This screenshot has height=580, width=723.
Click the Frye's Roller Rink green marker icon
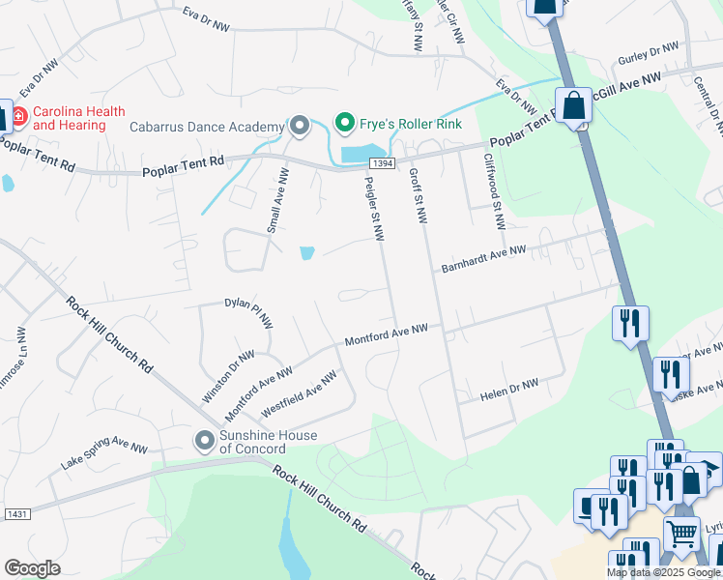tap(343, 124)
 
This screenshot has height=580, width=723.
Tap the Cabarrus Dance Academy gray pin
tap(300, 126)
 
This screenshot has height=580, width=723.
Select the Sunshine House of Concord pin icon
tap(204, 441)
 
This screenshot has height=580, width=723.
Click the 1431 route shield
tap(15, 512)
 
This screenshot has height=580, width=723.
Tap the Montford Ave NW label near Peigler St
tap(387, 335)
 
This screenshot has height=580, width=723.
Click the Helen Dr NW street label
tap(508, 391)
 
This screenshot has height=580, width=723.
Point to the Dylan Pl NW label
tap(249, 312)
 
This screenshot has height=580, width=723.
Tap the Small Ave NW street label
tap(274, 200)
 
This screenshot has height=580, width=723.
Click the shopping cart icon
tap(682, 532)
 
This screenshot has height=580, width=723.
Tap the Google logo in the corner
tap(32, 568)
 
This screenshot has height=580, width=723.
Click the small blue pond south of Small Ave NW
tap(306, 253)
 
